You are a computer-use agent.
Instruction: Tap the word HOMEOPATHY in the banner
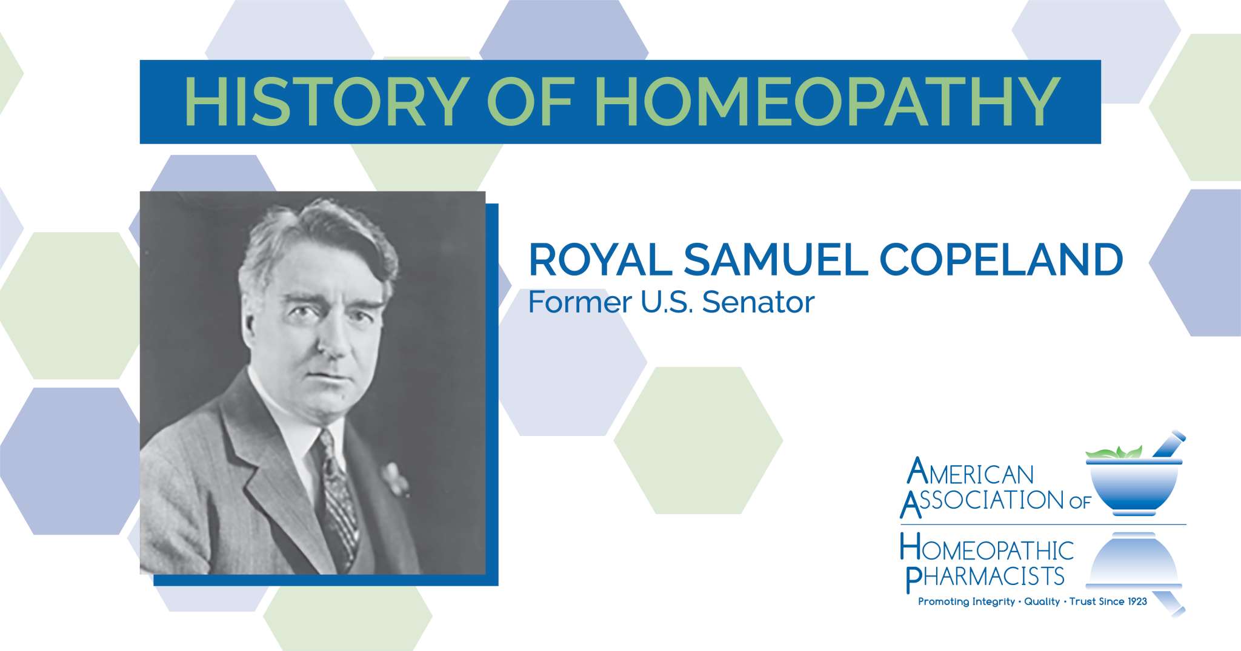coord(827,102)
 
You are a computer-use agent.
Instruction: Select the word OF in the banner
coord(530,102)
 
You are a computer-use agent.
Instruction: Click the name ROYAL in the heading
coord(600,260)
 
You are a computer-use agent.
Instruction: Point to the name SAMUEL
coord(775,260)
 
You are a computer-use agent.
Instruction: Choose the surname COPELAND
coord(1001,260)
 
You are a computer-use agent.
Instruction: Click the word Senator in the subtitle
coord(758,302)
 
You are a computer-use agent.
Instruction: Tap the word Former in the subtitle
coord(580,302)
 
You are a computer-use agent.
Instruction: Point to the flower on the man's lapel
coord(394,478)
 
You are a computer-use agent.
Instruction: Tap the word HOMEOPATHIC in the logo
coord(986,548)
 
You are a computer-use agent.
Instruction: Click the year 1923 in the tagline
coord(1137,601)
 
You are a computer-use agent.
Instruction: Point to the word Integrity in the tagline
coord(993,601)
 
